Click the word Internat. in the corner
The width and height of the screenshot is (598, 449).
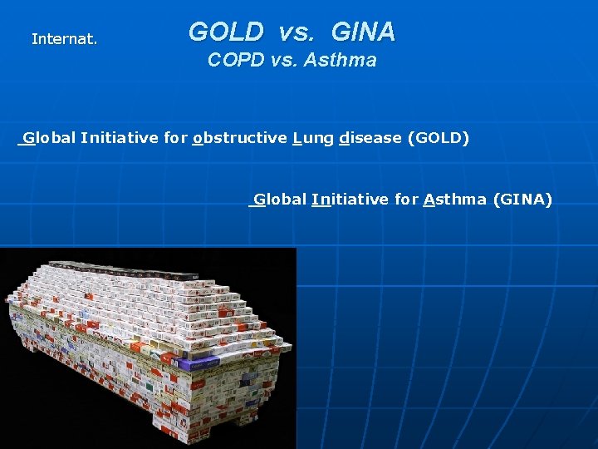click(x=64, y=39)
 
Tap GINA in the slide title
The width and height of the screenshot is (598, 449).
click(x=363, y=32)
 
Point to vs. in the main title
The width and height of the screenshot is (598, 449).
click(x=296, y=32)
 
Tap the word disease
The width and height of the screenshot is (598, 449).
click(x=370, y=138)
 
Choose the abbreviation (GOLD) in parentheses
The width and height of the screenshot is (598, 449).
click(x=439, y=138)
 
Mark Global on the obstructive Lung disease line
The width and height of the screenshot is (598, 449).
click(x=49, y=138)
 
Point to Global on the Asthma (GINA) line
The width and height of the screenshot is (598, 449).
click(x=280, y=200)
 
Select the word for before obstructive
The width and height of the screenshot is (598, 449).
click(x=175, y=138)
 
